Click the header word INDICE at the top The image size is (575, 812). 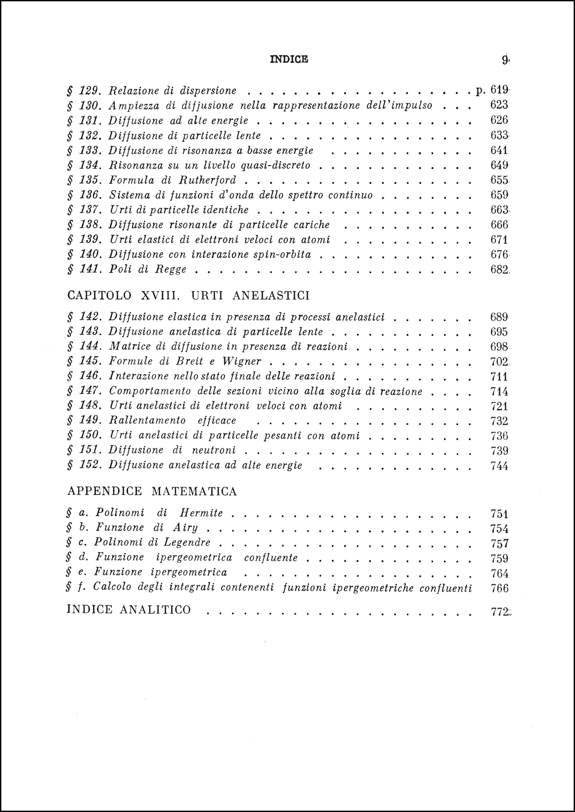coord(289,59)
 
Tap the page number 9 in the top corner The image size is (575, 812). coord(505,60)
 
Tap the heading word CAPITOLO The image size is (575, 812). coord(99,295)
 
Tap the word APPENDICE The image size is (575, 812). coord(105,491)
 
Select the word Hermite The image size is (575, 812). coord(201,513)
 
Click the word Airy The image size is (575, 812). coord(186,528)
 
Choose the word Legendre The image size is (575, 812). coord(187,542)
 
